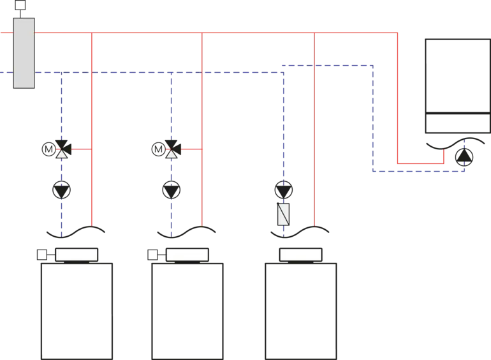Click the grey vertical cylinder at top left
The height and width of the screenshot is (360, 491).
(x=24, y=53)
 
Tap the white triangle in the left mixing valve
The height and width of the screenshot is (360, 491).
(x=61, y=153)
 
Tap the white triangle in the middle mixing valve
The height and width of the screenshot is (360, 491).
(x=171, y=153)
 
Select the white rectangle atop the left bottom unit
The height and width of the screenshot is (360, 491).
(x=77, y=255)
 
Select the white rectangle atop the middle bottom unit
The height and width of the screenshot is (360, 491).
(x=187, y=255)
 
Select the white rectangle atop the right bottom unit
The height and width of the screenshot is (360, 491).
(x=300, y=255)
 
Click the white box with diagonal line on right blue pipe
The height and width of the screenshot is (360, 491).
(x=283, y=214)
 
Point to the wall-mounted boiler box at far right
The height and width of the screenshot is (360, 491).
(x=457, y=89)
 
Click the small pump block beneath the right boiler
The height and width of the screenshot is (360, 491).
(x=464, y=157)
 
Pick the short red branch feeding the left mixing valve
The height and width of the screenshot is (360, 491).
(x=82, y=150)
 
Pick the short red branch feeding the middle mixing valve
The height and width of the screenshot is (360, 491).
(x=191, y=150)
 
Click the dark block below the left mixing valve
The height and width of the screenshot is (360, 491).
(x=61, y=189)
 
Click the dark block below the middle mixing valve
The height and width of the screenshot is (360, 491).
(x=171, y=190)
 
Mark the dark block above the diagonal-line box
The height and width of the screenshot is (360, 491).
(x=283, y=191)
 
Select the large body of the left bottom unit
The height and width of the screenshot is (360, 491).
(x=77, y=310)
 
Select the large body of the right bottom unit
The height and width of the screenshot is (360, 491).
(x=301, y=310)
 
